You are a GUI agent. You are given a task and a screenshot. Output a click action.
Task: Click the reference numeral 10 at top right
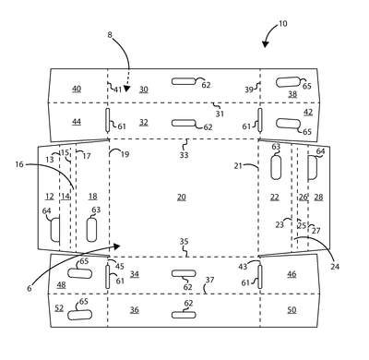[282, 24]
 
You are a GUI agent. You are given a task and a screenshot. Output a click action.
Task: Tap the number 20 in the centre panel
[182, 197]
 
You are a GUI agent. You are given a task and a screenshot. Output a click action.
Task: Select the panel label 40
[77, 89]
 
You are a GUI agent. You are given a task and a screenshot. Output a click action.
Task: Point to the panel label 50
[292, 309]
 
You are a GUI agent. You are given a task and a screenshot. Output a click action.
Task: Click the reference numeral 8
[110, 35]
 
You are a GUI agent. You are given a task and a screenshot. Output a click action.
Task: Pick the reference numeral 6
[30, 288]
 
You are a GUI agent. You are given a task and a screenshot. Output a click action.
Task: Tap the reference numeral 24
[335, 267]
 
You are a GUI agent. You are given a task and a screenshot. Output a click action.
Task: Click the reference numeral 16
[19, 164]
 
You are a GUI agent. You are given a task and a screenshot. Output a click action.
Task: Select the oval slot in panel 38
[288, 82]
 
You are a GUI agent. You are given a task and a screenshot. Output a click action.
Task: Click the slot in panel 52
[80, 315]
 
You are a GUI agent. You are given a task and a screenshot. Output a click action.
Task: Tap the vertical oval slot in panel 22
[276, 166]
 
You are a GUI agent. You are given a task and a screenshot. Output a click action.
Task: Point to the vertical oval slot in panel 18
[92, 230]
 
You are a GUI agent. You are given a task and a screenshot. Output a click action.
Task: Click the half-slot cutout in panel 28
[313, 167]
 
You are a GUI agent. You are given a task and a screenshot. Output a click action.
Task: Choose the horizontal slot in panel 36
[184, 315]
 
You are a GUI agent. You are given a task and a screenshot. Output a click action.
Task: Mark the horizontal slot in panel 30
[184, 81]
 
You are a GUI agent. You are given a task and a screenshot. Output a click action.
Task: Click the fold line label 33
[184, 155]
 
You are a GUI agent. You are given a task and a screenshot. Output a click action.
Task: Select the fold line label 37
[209, 280]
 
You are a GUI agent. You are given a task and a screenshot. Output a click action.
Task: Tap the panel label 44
[77, 122]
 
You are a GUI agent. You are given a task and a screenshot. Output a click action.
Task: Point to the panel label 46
[292, 273]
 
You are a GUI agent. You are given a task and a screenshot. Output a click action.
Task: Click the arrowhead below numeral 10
[266, 44]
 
